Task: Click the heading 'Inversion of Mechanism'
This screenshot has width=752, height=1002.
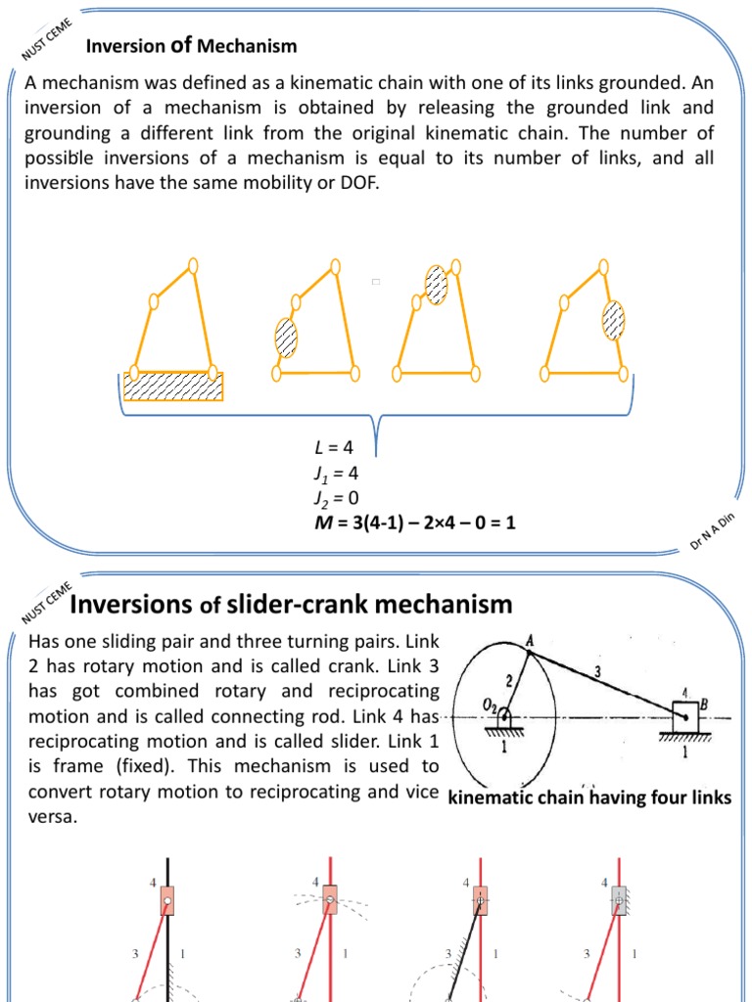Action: (192, 46)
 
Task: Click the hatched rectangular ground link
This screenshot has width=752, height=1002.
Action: (172, 386)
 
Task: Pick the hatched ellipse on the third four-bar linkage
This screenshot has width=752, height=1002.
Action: (437, 284)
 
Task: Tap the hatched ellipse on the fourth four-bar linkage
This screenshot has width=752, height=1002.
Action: (614, 319)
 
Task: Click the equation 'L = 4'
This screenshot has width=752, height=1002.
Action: (325, 448)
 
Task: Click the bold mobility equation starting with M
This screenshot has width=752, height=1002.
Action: (414, 524)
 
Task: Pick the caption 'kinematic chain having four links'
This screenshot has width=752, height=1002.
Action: (589, 798)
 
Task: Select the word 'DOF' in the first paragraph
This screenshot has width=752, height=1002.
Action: (354, 181)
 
